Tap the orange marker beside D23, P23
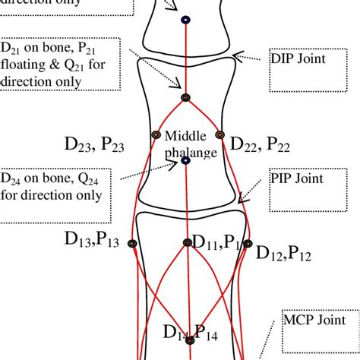click(155, 134)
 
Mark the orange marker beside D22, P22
click(219, 134)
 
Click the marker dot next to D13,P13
click(132, 243)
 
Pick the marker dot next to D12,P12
click(245, 244)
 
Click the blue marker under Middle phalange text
click(186, 160)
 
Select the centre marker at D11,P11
click(187, 243)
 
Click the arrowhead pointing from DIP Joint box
click(236, 55)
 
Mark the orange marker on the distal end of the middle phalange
click(185, 97)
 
